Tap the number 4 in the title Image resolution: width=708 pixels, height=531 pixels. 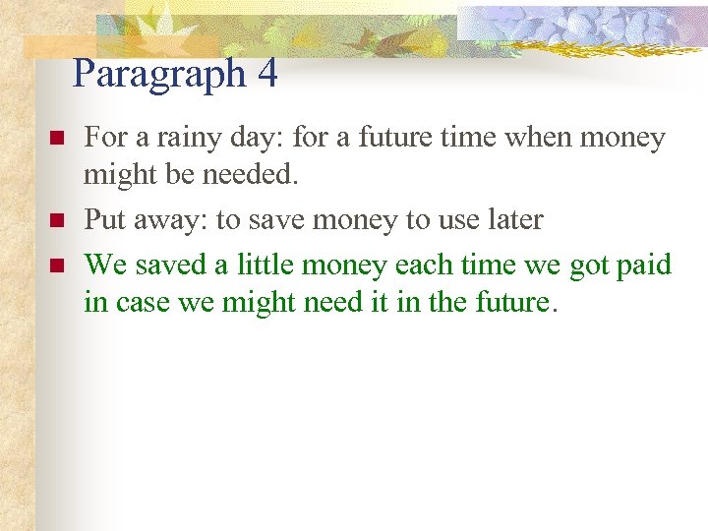coord(267,74)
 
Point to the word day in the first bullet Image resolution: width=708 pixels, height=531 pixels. coord(235,140)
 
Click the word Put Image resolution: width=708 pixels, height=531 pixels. coord(103,219)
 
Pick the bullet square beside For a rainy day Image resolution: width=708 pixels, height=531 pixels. coord(56,139)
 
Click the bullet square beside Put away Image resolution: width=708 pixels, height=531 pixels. coord(56,219)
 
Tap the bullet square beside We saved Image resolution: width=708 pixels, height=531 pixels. coord(56,265)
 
